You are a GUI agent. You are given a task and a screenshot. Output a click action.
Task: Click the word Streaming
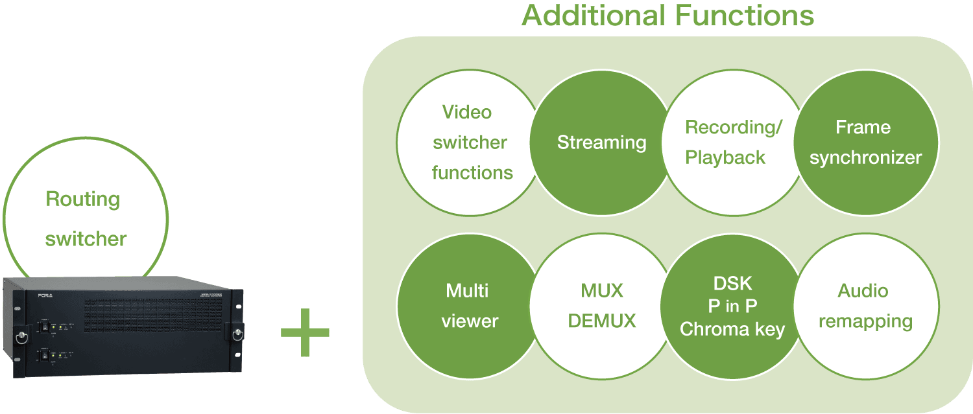coord(601,143)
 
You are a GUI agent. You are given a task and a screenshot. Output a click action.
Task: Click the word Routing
coord(83,199)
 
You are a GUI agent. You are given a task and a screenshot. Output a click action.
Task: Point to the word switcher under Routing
coord(86,239)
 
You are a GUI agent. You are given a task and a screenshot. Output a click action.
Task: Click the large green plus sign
coord(305,332)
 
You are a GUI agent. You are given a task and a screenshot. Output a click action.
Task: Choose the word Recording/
coord(734,128)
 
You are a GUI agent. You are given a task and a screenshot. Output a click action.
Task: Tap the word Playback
coord(725,158)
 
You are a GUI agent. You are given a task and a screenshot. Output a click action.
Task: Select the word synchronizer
coord(865,158)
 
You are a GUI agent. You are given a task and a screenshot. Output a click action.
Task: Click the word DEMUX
coord(602,321)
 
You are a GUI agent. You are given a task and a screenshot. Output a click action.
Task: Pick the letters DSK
coord(732,283)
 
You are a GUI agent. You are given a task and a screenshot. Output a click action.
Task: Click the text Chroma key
coord(732,329)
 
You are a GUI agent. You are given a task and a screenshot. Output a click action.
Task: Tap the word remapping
coord(865,321)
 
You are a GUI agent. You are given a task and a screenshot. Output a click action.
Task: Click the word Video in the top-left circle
coord(467,112)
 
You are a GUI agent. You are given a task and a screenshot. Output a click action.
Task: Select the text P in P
coord(732,306)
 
